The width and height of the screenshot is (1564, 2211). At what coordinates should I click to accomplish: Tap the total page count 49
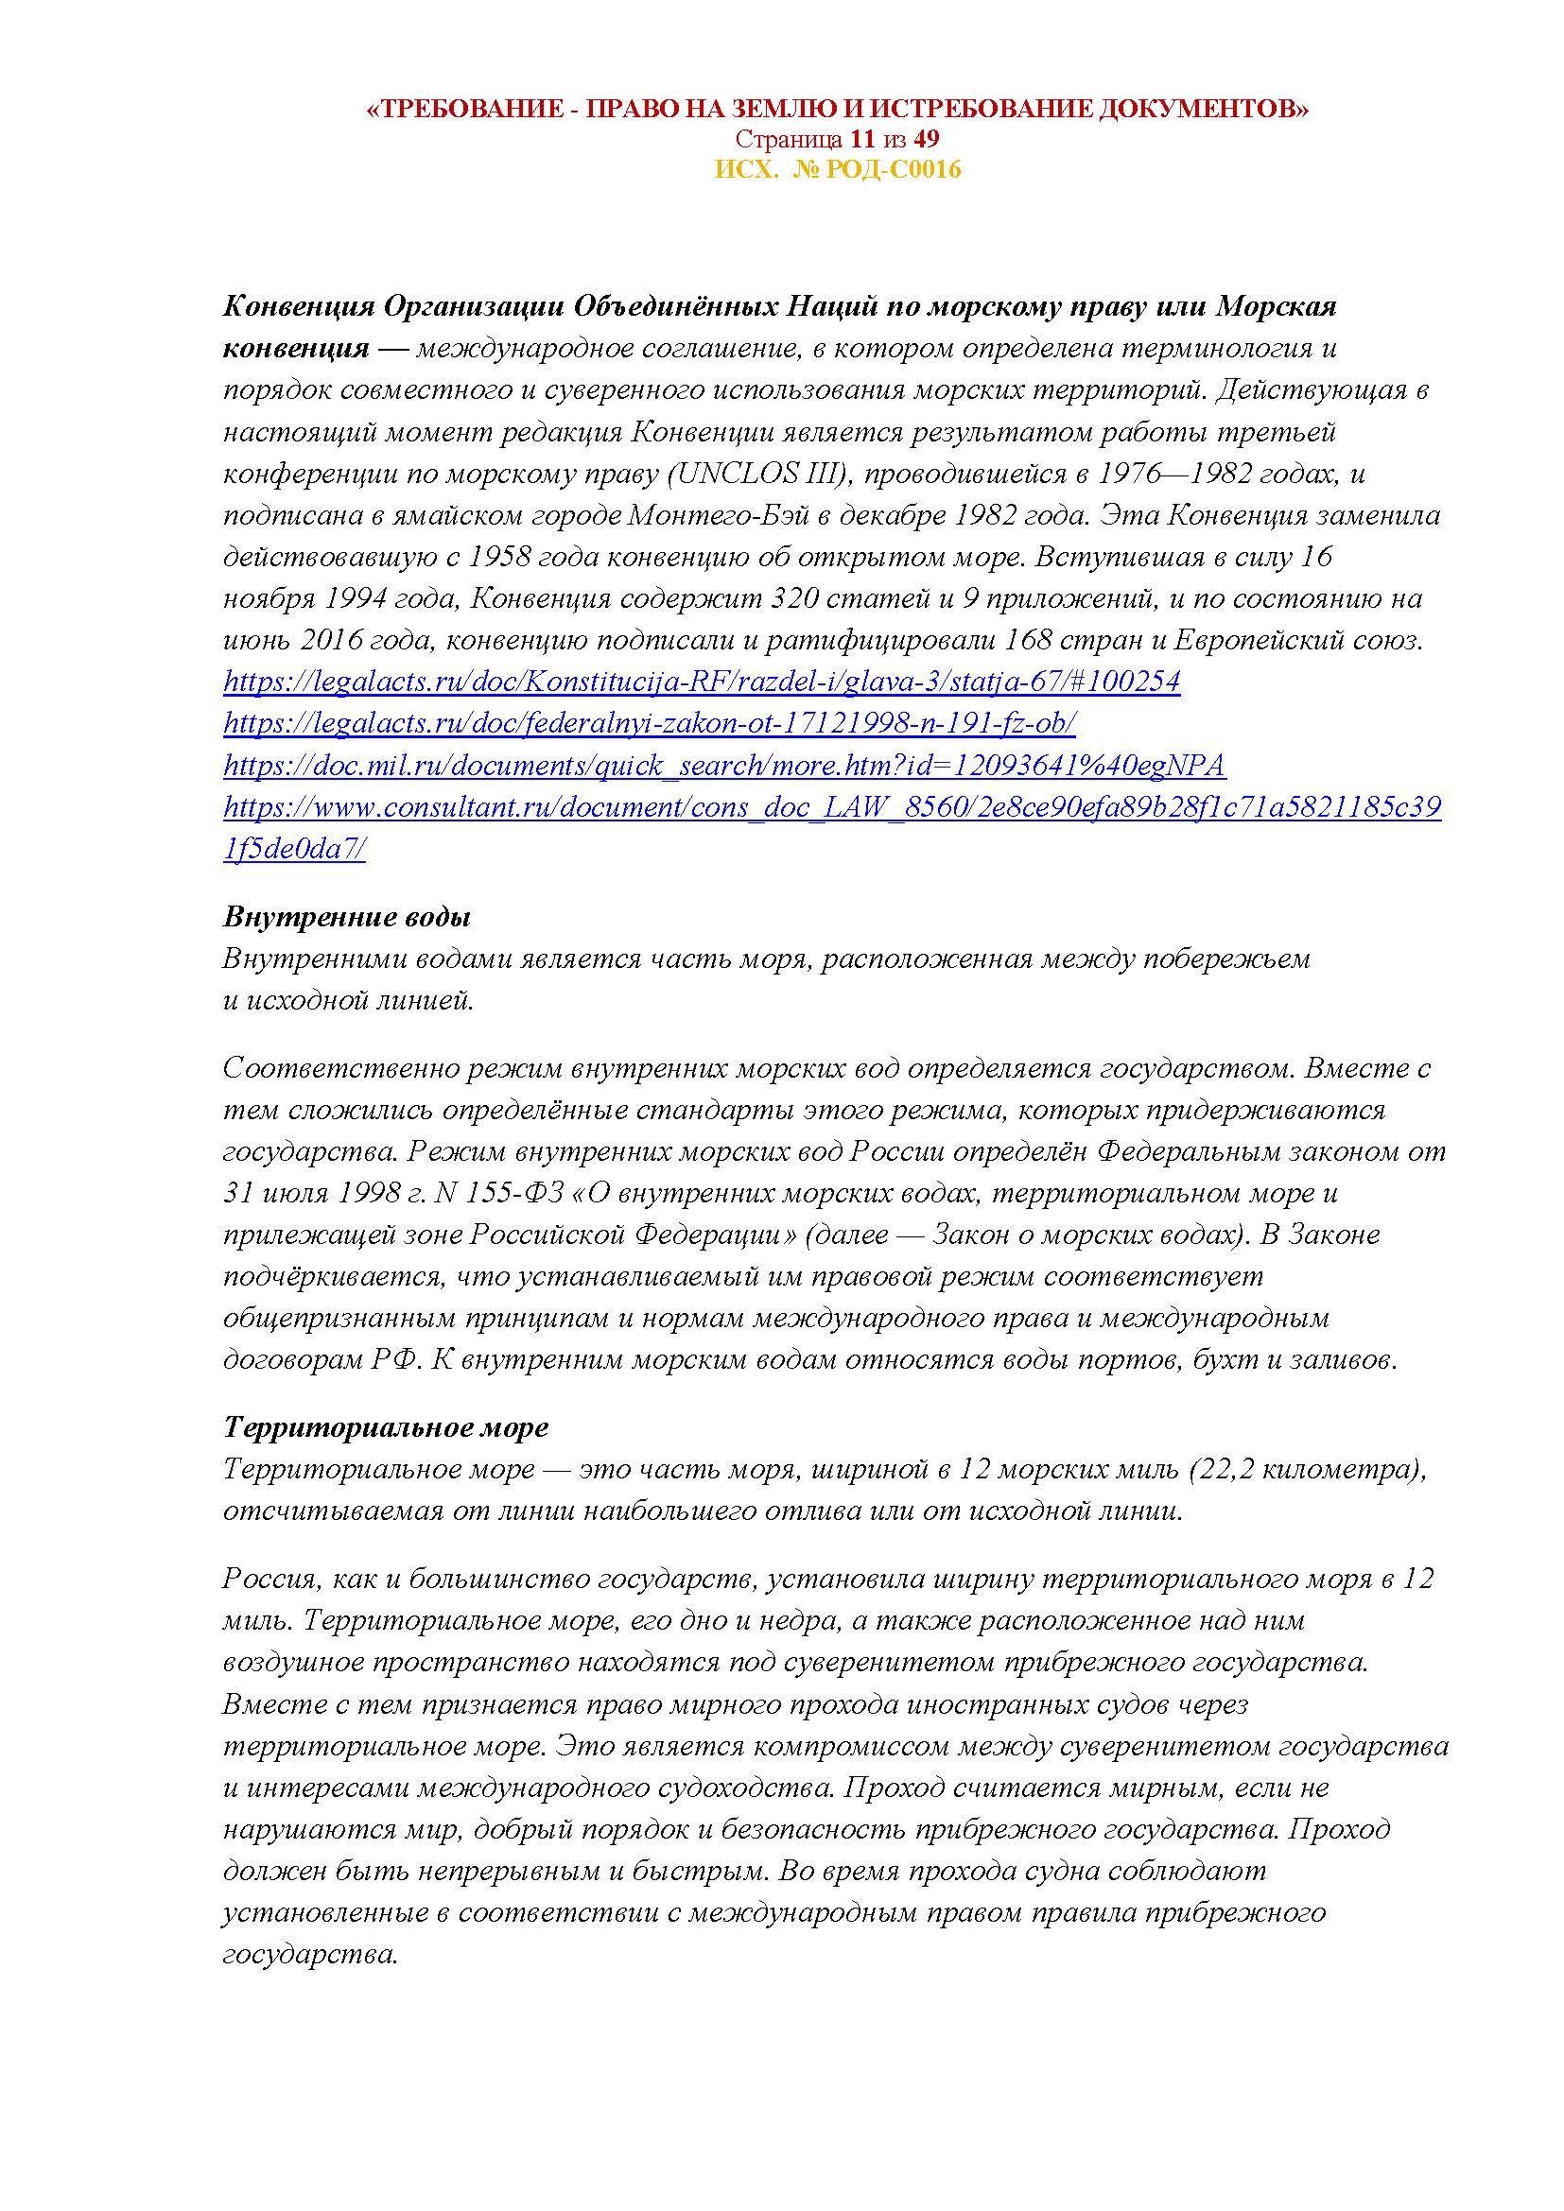pyautogui.click(x=927, y=140)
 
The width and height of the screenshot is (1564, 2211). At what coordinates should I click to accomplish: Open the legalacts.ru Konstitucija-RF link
pyautogui.click(x=701, y=682)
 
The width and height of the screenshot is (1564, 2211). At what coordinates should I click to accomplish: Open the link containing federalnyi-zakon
pyautogui.click(x=649, y=723)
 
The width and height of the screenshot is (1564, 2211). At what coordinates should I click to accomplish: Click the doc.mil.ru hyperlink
pyautogui.click(x=724, y=766)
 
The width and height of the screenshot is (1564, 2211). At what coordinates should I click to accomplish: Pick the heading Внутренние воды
pyautogui.click(x=347, y=917)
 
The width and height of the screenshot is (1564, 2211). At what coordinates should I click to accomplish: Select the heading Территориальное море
pyautogui.click(x=385, y=1427)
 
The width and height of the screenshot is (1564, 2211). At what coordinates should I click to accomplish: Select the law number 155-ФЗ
pyautogui.click(x=508, y=1193)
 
